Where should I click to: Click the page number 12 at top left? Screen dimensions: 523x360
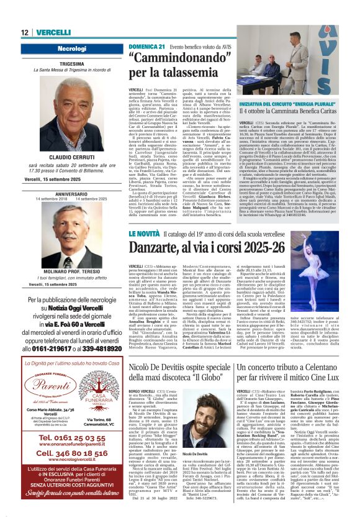[x=25, y=32]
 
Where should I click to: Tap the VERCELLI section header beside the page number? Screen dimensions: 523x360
[x=53, y=32]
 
